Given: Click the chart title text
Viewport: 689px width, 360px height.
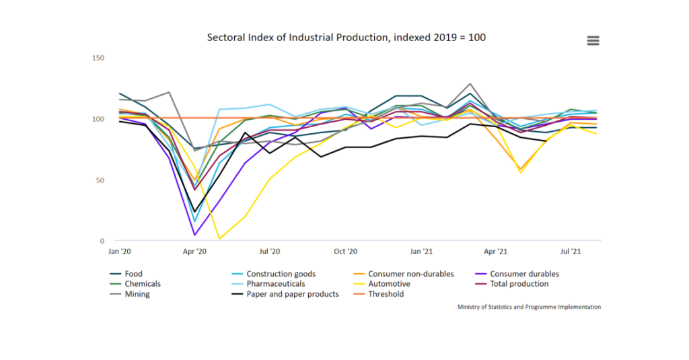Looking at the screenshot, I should (346, 38).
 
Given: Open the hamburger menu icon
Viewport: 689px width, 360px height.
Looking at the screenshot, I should (593, 40).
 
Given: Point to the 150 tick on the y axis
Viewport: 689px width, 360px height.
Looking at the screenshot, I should (98, 58).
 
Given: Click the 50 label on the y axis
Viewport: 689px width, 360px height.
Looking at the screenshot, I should (100, 180).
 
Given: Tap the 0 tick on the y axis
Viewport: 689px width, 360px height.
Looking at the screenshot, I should (102, 242).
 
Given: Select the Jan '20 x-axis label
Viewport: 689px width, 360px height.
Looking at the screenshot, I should (120, 252).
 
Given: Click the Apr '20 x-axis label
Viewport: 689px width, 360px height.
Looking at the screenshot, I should (195, 252).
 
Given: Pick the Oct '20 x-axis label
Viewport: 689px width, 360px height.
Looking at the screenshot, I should (345, 252).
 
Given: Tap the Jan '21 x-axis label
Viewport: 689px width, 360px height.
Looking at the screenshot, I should (421, 252).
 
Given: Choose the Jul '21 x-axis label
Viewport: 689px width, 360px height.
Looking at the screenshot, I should (571, 252).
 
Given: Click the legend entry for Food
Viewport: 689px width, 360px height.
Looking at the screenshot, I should (133, 274).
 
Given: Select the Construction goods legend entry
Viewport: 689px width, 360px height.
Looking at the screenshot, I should (281, 274).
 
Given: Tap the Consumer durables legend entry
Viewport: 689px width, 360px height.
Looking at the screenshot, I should (524, 274).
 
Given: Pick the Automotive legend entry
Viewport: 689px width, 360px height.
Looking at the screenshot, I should (389, 284).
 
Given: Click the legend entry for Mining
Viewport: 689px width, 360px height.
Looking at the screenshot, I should (137, 294).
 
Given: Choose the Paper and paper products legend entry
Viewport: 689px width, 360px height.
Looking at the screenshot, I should (292, 294).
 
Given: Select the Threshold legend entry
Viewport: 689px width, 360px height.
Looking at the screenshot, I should (386, 294).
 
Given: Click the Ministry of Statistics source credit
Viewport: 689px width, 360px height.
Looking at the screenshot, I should (529, 307).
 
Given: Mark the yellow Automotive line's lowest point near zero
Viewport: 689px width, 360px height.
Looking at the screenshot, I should (219, 239).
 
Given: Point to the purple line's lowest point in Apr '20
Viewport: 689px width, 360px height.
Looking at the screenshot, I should (194, 235).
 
